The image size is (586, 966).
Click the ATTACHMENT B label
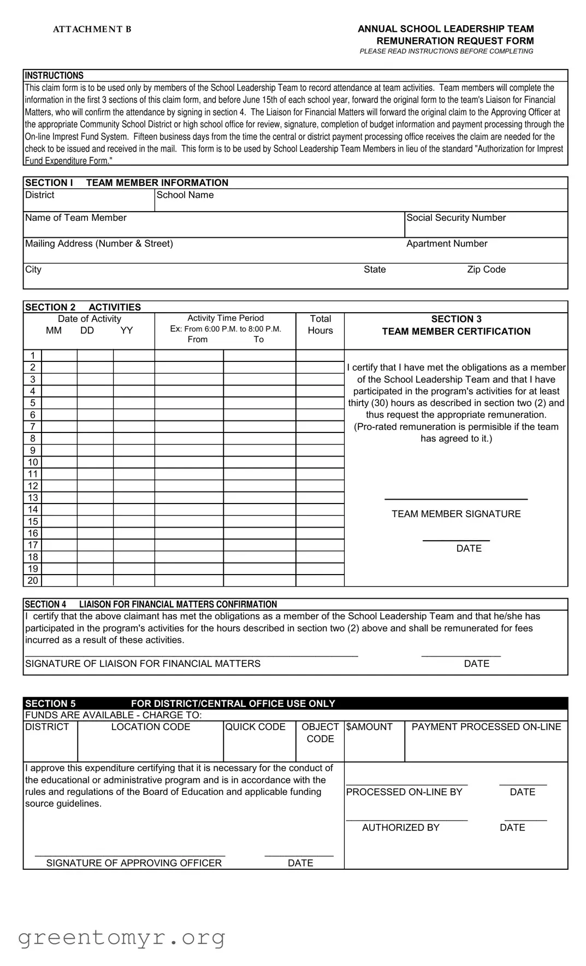(x=92, y=30)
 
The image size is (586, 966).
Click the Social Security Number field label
(x=456, y=218)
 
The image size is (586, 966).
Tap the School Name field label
(x=185, y=195)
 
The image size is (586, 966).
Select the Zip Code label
(x=486, y=270)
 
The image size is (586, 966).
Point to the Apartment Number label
(x=447, y=244)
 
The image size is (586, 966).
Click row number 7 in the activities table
(x=33, y=427)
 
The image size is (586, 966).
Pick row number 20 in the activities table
(x=33, y=581)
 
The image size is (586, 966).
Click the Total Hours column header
(x=321, y=325)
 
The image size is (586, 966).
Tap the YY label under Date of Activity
(x=127, y=331)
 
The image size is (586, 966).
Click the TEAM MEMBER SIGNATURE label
(x=456, y=514)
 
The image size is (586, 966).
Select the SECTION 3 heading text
(x=456, y=319)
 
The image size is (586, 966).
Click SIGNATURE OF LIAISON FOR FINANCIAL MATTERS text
(x=143, y=664)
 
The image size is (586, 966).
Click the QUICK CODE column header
(x=255, y=727)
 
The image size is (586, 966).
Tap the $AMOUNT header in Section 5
(x=369, y=727)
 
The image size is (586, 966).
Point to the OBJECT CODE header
(x=320, y=733)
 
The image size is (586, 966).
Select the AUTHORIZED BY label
(x=400, y=828)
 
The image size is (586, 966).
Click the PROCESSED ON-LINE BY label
(x=404, y=792)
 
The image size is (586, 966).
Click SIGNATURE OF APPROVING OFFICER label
(x=134, y=863)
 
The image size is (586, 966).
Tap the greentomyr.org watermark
(x=122, y=938)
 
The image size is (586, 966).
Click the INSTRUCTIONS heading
(x=54, y=75)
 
